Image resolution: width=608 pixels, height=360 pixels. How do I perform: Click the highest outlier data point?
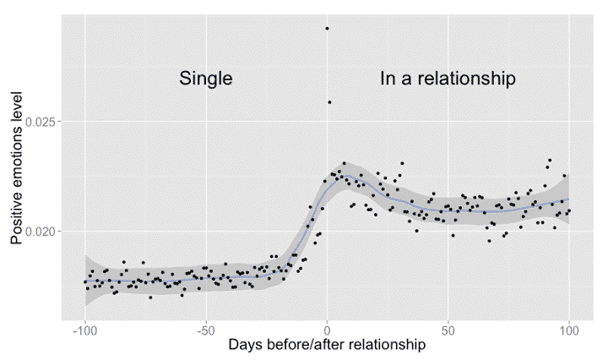coord(327,28)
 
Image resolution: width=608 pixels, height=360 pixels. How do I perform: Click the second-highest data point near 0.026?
coord(329,102)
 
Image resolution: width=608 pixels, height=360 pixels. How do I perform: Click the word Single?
coord(205,79)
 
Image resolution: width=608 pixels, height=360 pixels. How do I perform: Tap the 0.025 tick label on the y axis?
coord(39,122)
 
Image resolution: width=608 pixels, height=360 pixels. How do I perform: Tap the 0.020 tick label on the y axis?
coord(39,231)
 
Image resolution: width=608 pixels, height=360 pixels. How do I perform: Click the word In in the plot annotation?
coord(388,79)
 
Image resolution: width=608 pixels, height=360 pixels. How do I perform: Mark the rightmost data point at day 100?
coord(570,210)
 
